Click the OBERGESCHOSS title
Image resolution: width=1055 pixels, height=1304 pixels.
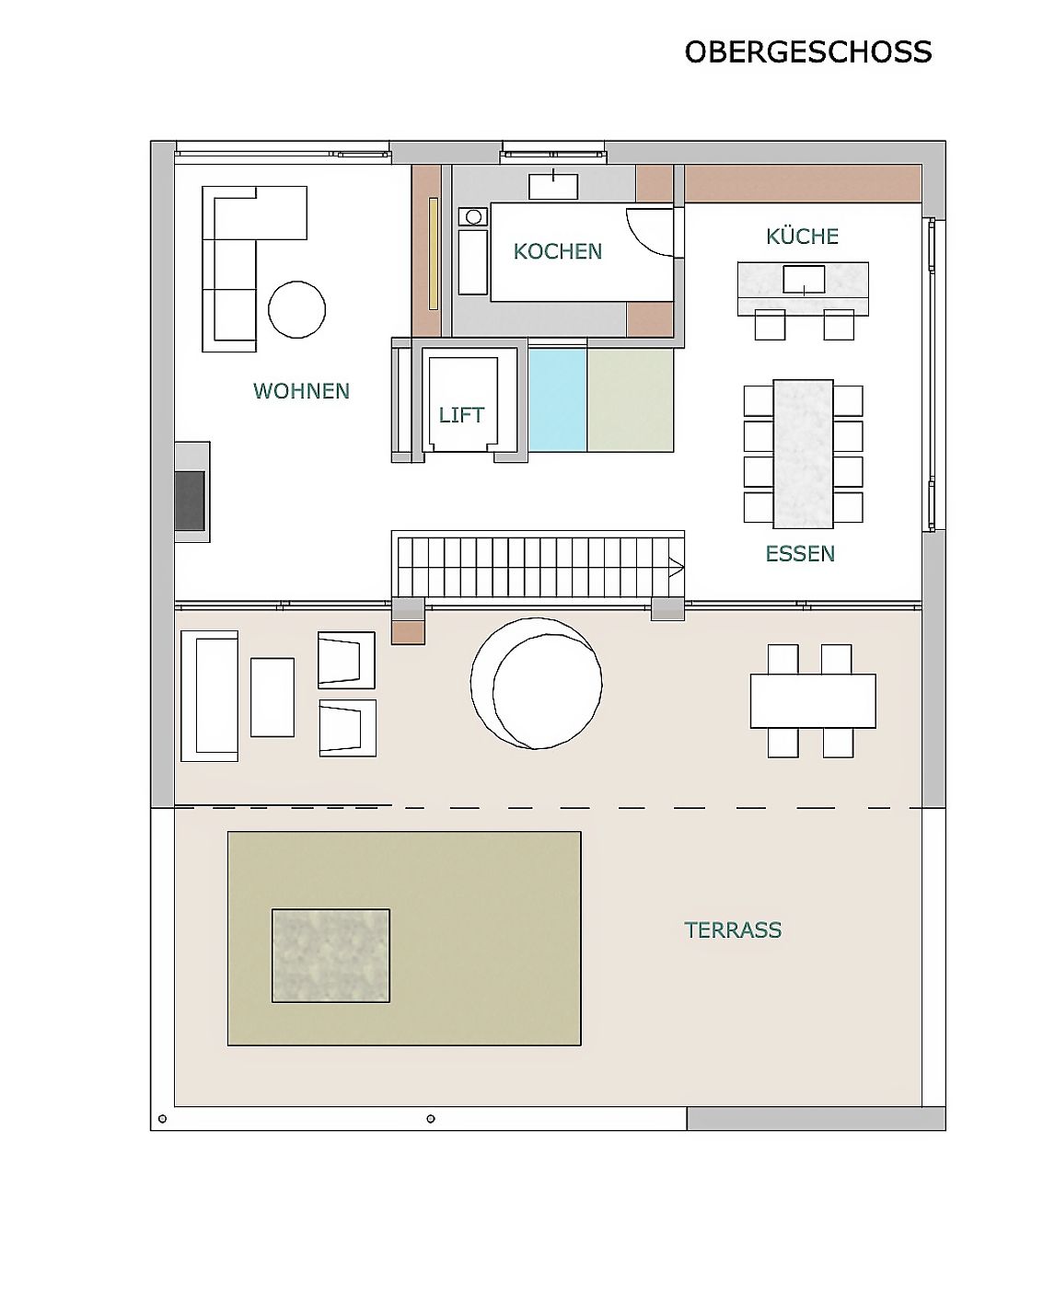[807, 52]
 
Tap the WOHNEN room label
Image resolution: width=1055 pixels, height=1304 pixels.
[301, 390]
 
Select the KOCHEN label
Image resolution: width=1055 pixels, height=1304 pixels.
[558, 251]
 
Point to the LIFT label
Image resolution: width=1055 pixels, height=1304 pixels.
[461, 415]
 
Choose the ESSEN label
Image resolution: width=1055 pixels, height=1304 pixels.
[800, 553]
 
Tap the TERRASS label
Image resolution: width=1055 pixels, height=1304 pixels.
[733, 930]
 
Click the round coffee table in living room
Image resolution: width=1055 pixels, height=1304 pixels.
[297, 309]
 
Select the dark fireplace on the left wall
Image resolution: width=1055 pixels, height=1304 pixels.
[190, 501]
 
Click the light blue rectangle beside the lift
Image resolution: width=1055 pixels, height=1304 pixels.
[558, 399]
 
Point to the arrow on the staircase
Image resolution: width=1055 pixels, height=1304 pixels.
[676, 568]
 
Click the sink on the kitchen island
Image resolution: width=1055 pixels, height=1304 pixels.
[804, 280]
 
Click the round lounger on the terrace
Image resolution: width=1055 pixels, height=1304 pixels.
[537, 683]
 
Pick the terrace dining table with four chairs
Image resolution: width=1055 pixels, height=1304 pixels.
[813, 701]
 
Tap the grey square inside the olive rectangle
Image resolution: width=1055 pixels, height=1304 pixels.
[330, 955]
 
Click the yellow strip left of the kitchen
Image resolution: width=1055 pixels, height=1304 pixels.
[434, 253]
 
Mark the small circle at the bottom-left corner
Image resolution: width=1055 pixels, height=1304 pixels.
[162, 1118]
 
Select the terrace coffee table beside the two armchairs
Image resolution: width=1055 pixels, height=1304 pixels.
[272, 698]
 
